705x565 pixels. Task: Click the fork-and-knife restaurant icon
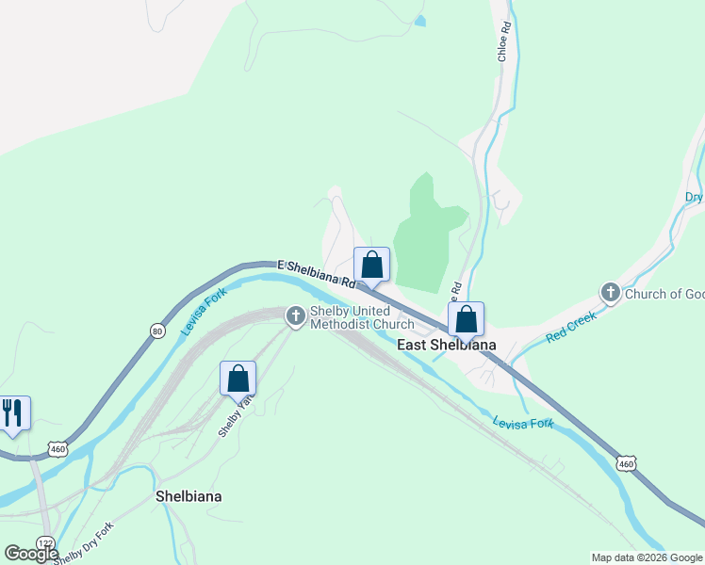12,412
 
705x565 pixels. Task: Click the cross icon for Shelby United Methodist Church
296,315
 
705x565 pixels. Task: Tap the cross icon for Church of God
610,294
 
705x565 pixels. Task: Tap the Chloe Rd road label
504,41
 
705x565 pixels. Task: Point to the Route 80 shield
156,330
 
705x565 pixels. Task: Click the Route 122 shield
45,543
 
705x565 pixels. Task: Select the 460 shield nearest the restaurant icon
58,447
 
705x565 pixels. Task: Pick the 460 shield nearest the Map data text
627,463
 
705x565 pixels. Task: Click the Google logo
31,553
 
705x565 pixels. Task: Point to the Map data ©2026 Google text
647,557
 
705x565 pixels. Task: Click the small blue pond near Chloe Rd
419,20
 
